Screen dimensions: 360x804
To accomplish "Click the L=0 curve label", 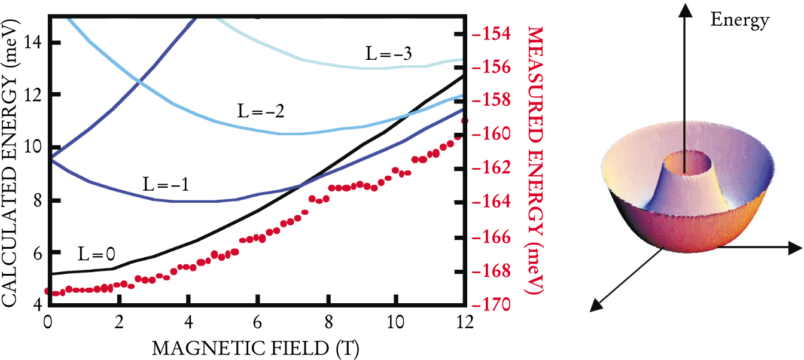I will (x=96, y=254).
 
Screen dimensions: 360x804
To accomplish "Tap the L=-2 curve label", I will (x=258, y=112).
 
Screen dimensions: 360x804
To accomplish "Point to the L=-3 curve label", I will (x=388, y=54).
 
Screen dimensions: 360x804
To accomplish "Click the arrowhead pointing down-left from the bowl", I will (x=596, y=305).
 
